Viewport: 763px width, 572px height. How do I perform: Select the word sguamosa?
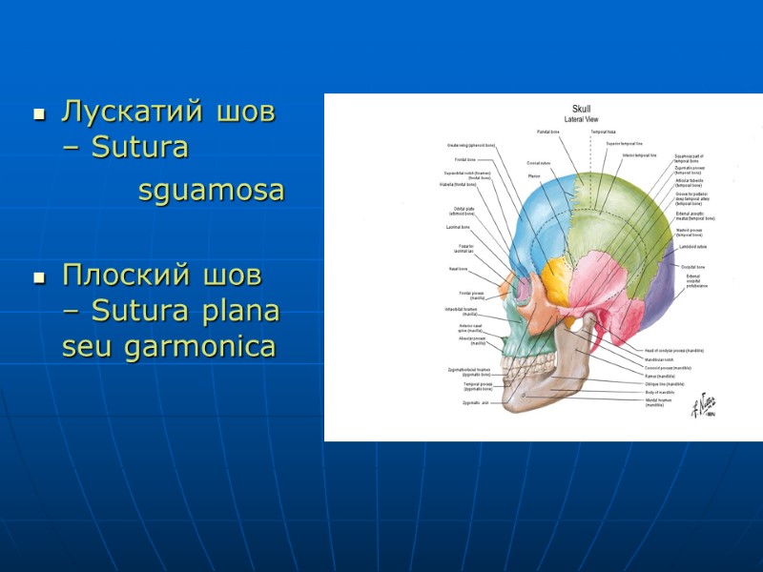(x=211, y=191)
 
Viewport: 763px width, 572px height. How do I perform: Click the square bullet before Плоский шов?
(x=39, y=279)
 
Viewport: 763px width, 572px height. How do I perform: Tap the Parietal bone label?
(x=547, y=131)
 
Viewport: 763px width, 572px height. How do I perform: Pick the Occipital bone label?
(x=691, y=267)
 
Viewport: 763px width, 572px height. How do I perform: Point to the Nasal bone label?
(x=457, y=269)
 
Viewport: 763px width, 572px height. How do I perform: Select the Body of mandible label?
(x=659, y=392)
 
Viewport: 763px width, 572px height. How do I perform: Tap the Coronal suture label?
(x=539, y=163)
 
